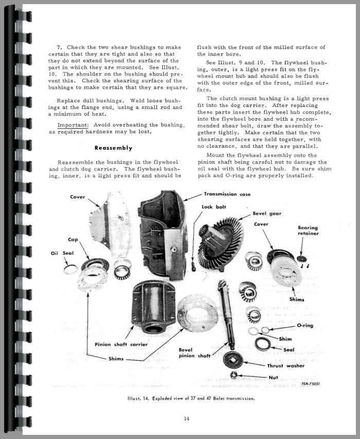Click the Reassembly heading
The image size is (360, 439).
point(113,148)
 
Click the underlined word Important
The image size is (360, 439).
point(71,125)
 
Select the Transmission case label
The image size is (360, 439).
point(227,194)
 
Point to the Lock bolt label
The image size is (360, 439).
point(211,207)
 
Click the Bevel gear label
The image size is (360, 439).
point(267,213)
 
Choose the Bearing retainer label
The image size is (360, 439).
point(308,230)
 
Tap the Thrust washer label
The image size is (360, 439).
point(285,366)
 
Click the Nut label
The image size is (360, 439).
point(274,377)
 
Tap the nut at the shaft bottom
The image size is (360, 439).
point(234,375)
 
